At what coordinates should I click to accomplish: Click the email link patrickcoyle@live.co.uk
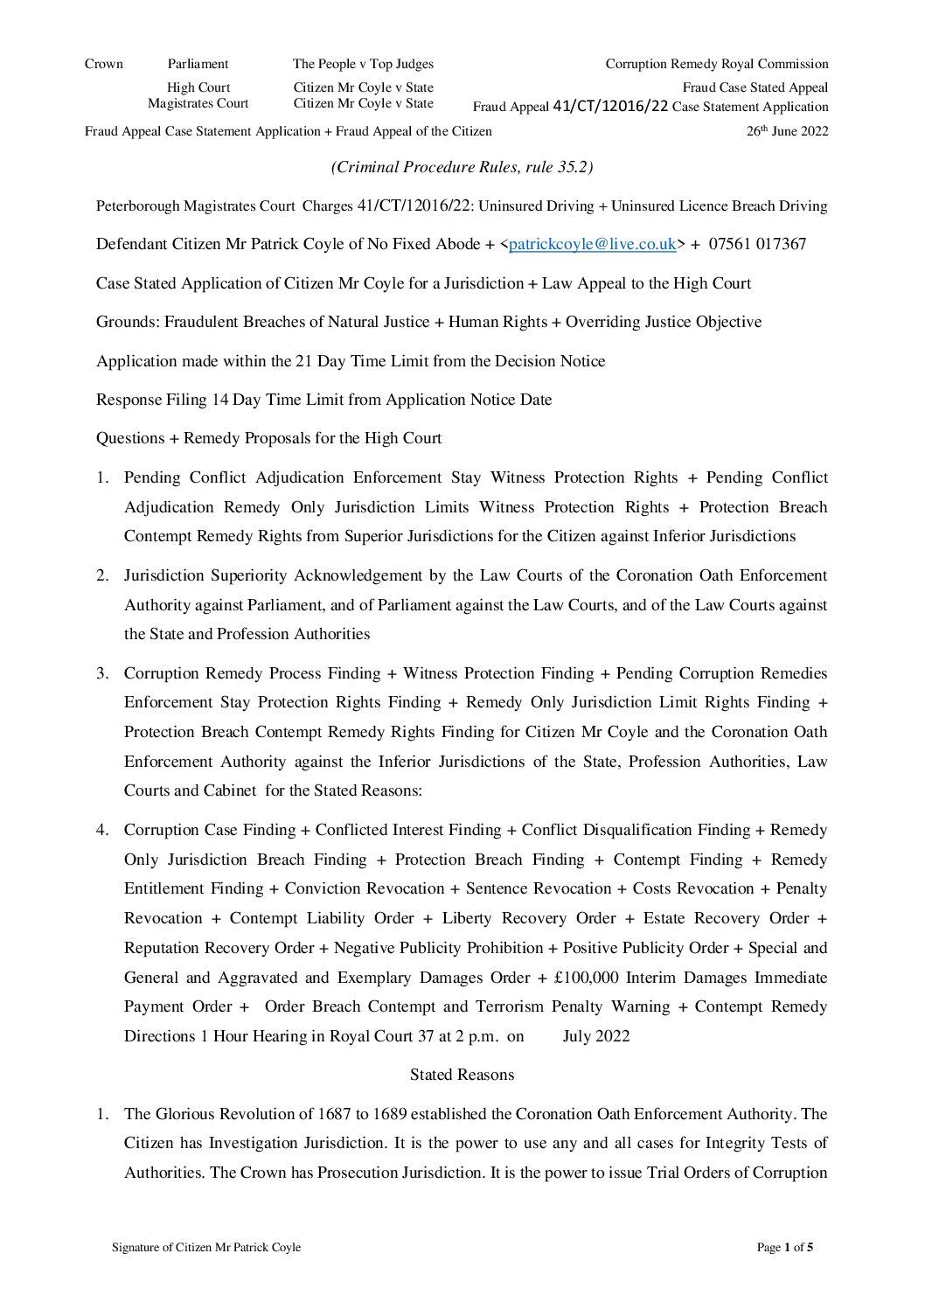tap(592, 244)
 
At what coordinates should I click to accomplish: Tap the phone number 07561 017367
tap(757, 244)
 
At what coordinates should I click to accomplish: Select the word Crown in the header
tap(104, 64)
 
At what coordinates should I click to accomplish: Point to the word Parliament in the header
tap(198, 64)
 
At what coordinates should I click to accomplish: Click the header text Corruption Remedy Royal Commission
tap(716, 64)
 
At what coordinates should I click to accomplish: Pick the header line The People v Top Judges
tap(363, 64)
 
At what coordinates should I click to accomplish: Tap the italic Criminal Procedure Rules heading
tap(462, 167)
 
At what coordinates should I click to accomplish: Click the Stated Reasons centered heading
tap(462, 1075)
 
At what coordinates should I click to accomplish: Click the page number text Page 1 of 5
tap(784, 1248)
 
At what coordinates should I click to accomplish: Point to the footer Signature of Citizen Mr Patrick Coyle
tap(206, 1248)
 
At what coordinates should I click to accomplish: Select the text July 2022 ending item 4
tap(596, 1036)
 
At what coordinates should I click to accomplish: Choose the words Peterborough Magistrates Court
tap(195, 206)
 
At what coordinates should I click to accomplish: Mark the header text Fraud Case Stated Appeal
tap(755, 87)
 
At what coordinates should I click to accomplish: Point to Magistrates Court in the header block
tap(198, 103)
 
